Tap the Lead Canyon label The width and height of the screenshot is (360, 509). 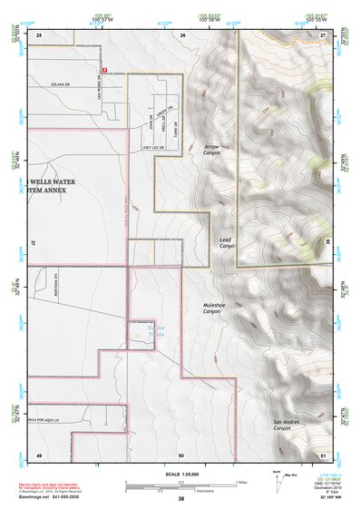(227, 243)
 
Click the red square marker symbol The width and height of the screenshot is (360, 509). (104, 68)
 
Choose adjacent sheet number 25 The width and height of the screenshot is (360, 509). (39, 34)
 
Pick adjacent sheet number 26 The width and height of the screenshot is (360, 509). (182, 34)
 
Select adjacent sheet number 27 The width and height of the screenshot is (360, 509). (323, 34)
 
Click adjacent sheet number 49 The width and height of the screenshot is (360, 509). (39, 455)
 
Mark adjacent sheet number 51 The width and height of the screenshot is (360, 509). (323, 455)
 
